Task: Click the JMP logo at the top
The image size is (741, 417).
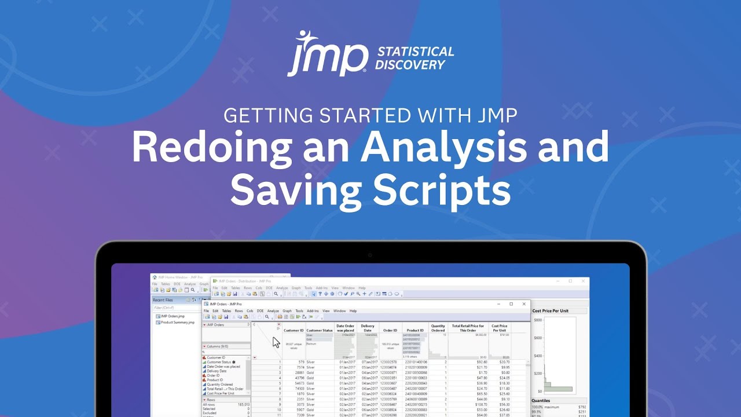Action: point(328,53)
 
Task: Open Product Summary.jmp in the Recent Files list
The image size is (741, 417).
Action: point(178,322)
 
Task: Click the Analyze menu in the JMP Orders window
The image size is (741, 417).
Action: point(273,311)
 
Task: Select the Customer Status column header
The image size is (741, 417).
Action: point(320,330)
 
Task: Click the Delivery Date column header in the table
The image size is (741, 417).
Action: point(368,328)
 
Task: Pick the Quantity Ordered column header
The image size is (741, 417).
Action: point(438,328)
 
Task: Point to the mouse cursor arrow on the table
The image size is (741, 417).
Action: point(276,342)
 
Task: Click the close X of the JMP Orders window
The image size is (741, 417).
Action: point(524,303)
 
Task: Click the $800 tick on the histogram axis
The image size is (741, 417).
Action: point(538,320)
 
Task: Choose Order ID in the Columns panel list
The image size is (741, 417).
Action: point(212,375)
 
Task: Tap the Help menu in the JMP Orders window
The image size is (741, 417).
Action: point(353,311)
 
